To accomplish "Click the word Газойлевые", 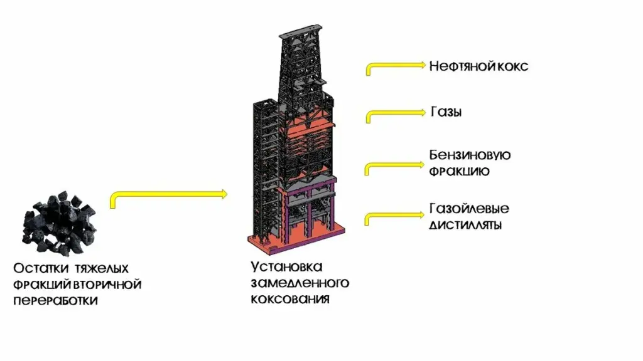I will pyautogui.click(x=469, y=208).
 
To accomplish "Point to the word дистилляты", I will pyautogui.click(x=465, y=225).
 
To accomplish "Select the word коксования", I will pyautogui.click(x=290, y=299).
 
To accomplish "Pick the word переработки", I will pyautogui.click(x=56, y=300).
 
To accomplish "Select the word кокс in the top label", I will pyautogui.click(x=512, y=66).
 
